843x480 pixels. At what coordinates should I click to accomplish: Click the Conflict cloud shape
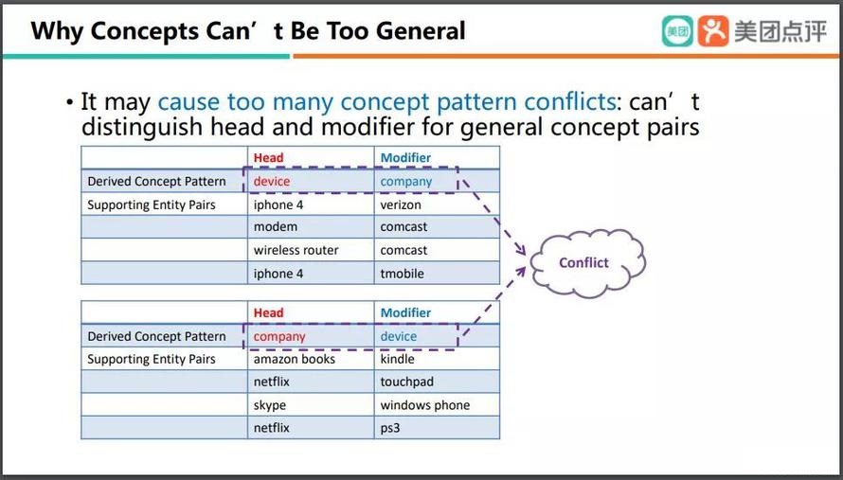coord(587,263)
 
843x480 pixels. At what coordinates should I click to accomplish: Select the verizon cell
coord(437,204)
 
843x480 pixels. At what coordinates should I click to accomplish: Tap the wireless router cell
coord(311,250)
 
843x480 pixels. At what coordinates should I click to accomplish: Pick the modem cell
coord(311,227)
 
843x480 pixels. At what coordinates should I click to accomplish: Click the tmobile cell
coord(437,273)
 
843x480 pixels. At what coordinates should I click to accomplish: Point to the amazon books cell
coord(311,359)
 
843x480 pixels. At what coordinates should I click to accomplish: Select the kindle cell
coord(437,359)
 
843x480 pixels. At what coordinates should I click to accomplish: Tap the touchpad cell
coord(437,382)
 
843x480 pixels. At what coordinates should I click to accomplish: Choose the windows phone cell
coord(437,405)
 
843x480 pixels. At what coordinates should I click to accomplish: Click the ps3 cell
coord(437,428)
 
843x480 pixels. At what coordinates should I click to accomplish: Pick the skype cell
coord(311,405)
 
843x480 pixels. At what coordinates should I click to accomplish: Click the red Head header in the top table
coord(268,157)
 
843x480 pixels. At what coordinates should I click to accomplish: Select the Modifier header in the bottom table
coord(406,312)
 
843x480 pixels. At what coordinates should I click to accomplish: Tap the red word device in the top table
coord(272,181)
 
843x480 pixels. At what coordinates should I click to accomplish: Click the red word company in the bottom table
coord(279,336)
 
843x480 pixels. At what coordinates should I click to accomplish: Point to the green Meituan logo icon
coord(677,30)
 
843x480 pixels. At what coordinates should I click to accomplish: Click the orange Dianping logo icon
coord(713,30)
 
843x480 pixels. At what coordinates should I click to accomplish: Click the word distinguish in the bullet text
coord(142,128)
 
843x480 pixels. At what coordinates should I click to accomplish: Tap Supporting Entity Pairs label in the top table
coord(152,204)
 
